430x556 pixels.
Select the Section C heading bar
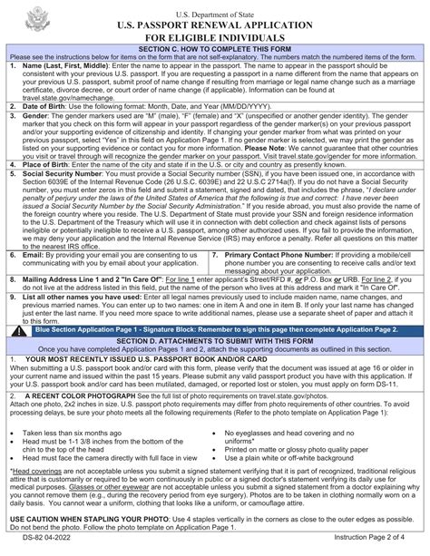215,48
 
